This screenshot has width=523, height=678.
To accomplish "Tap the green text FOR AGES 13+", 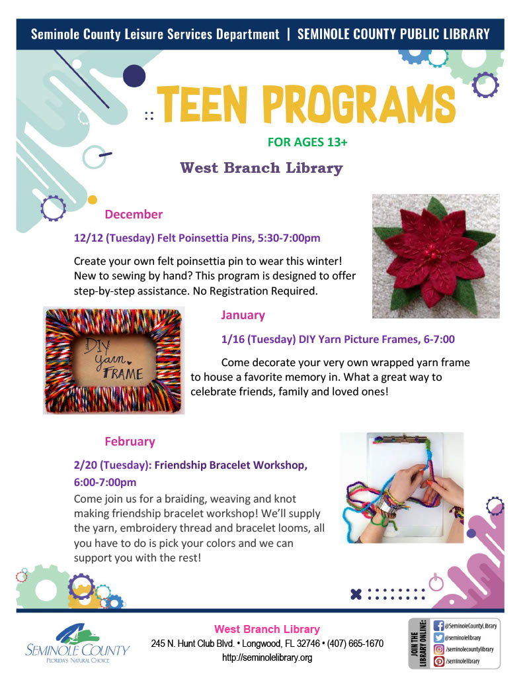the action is click(x=307, y=142).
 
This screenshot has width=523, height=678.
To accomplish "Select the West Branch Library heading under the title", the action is click(x=261, y=168).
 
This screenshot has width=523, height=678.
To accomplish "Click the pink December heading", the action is click(x=134, y=214).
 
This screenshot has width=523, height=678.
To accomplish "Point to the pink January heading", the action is click(x=243, y=315).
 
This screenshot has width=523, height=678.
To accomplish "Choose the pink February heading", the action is click(x=130, y=442).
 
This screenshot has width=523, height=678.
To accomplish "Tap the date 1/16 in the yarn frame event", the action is click(x=232, y=340).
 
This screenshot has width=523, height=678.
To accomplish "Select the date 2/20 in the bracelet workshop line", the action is click(x=85, y=465).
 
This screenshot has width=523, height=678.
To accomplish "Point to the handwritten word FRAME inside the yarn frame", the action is click(x=123, y=373).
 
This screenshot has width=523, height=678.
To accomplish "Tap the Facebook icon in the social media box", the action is click(x=438, y=626).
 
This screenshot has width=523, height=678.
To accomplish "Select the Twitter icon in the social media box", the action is click(x=438, y=638).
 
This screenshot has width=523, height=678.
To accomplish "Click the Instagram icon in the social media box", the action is click(x=438, y=649).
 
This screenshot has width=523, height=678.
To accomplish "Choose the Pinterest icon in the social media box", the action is click(x=438, y=661).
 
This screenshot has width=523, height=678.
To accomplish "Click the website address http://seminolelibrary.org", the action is click(x=267, y=657).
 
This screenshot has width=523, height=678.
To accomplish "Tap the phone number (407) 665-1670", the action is click(x=355, y=644).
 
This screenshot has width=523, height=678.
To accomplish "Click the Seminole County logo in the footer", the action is click(x=77, y=644).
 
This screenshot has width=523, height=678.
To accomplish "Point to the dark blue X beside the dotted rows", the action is click(x=356, y=594).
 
